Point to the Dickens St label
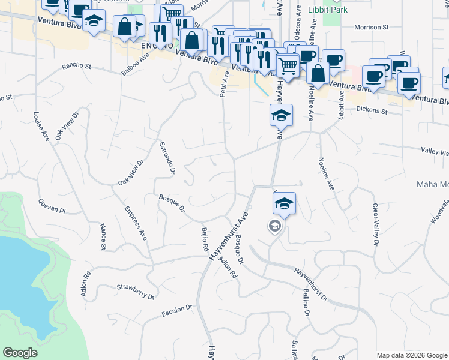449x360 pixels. pos(372,110)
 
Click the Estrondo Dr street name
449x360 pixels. pos(167,158)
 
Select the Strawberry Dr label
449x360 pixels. pos(136,292)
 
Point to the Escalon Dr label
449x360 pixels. pos(177,310)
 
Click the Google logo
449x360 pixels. pos(20,353)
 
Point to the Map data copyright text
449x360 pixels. pos(411,355)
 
